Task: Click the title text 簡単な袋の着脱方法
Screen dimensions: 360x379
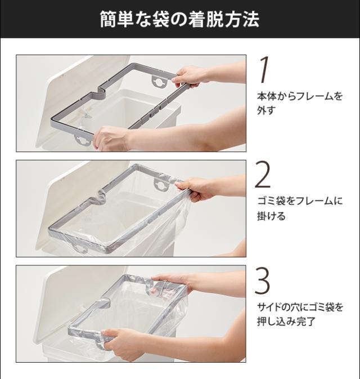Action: [x=180, y=19]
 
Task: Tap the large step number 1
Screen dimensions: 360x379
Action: [x=264, y=70]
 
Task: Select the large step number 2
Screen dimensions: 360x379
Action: [x=263, y=175]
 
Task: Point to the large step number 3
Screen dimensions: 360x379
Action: [x=263, y=280]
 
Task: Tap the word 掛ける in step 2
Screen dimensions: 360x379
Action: [x=271, y=216]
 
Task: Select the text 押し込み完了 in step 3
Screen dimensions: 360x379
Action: [x=286, y=321]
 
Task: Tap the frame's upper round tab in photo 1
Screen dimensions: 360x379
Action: [x=160, y=81]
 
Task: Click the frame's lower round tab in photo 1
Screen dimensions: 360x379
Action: [x=83, y=140]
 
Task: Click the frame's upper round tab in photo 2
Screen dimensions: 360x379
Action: [x=160, y=184]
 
